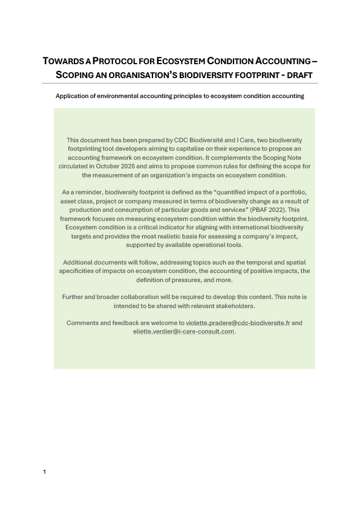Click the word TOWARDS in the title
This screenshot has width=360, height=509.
pos(63,62)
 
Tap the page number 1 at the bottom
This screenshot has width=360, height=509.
pos(45,472)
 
